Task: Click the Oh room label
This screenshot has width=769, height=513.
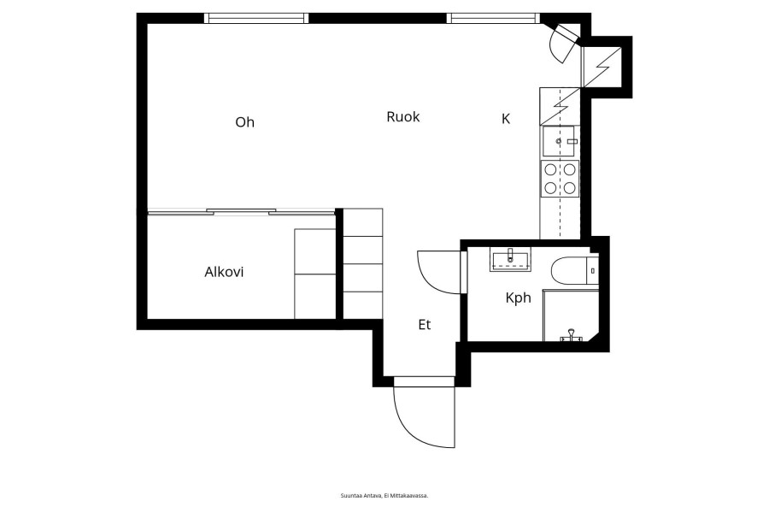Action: (244, 121)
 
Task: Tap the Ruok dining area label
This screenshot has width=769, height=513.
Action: (403, 117)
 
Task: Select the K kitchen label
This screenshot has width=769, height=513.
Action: (506, 119)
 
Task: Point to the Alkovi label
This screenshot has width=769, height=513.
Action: (224, 272)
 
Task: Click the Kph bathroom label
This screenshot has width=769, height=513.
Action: (519, 298)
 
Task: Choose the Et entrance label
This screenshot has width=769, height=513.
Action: (425, 325)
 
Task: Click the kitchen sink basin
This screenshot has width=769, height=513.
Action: (558, 141)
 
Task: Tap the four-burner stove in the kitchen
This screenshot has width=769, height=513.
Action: (560, 179)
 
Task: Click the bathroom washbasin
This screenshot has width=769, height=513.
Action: (510, 259)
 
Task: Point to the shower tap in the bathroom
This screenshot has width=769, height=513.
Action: (572, 336)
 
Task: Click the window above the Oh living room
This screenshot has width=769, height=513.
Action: (256, 19)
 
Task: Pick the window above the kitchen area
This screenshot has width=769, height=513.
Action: (493, 19)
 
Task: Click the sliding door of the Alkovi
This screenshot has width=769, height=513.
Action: (241, 211)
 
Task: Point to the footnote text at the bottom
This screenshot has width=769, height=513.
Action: (384, 496)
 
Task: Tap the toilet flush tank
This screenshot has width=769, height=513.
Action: (593, 270)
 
